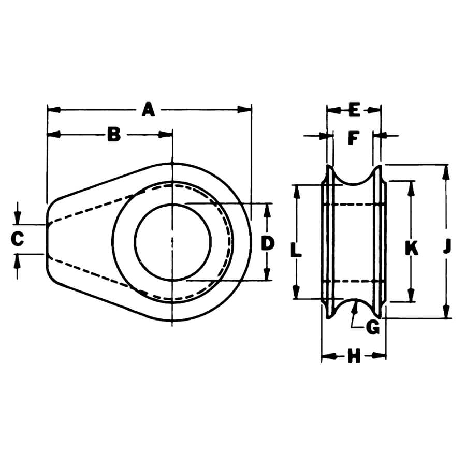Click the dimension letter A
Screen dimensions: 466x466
[x=149, y=110]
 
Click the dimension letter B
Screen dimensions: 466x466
[x=113, y=135]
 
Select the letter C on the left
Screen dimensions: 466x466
[x=18, y=239]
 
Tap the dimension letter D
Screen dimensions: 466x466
[x=267, y=242]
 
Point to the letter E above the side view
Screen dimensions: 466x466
[x=354, y=110]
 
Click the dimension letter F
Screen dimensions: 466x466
[x=354, y=138]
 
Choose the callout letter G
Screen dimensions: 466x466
[x=372, y=327]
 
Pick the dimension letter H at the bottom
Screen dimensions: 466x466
[x=354, y=356]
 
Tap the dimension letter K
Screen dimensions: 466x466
[x=411, y=249]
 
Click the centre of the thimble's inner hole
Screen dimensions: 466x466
[x=172, y=242]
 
